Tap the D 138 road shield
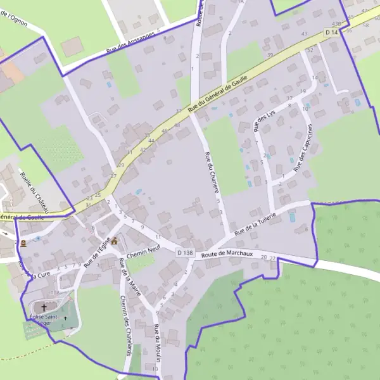click(184, 253)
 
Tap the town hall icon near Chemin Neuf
click(115, 241)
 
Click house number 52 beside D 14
click(310, 49)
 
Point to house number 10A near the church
click(55, 293)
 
